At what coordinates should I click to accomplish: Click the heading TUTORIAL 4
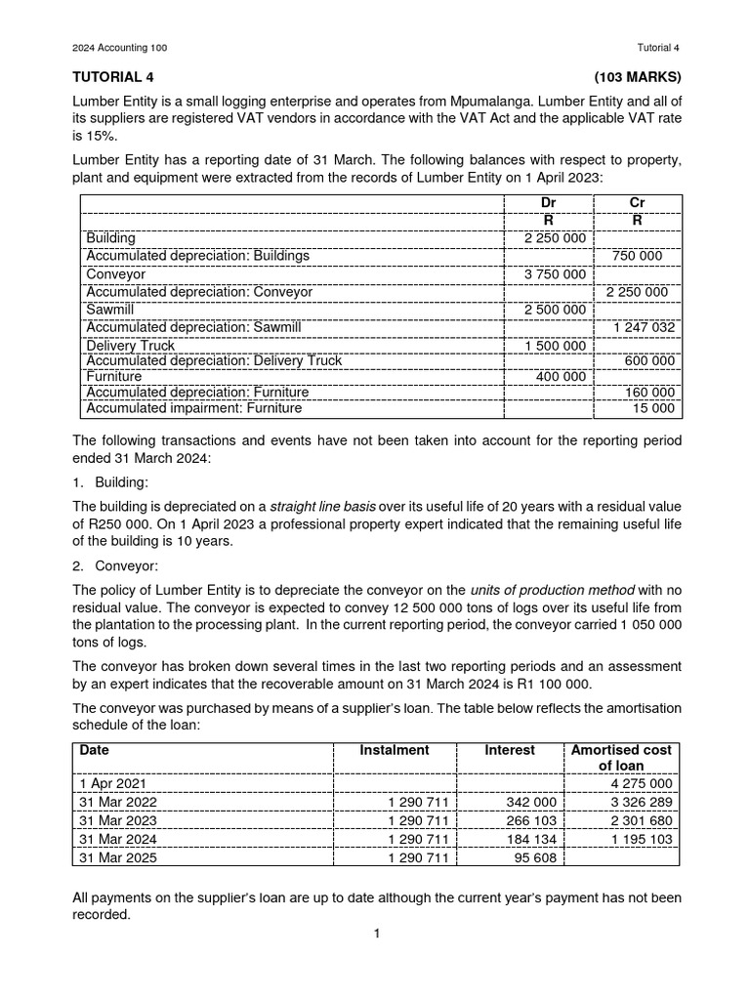[x=113, y=76]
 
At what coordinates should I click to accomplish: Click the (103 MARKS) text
[x=637, y=76]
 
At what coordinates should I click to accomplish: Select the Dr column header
[x=548, y=202]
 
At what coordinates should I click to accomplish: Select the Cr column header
[x=637, y=202]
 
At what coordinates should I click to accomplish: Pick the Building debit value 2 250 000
[x=555, y=238]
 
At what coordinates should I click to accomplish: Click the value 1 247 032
[x=642, y=327]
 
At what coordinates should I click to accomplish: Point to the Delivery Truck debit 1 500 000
[x=555, y=346]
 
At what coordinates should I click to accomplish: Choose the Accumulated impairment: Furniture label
[x=194, y=408]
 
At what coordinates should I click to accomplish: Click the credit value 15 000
[x=654, y=408]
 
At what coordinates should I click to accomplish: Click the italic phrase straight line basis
[x=322, y=506]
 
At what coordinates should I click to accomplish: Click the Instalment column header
[x=395, y=750]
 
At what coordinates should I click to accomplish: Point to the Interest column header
[x=510, y=750]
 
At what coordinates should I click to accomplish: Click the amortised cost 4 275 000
[x=642, y=783]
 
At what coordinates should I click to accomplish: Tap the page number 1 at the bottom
[x=375, y=934]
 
